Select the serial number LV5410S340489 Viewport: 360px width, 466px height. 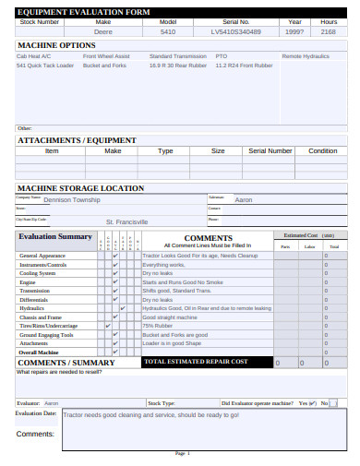(235, 31)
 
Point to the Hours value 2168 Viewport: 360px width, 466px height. (328, 31)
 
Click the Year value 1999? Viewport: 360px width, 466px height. (294, 31)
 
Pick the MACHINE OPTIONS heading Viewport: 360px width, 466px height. (56, 45)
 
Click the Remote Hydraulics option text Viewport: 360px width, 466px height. (305, 56)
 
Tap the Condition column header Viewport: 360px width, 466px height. (322, 150)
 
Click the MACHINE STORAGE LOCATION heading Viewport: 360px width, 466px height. (80, 187)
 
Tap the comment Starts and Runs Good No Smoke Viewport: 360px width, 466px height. (182, 282)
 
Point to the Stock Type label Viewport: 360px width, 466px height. (162, 403)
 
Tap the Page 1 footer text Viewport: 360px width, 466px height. (182, 454)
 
